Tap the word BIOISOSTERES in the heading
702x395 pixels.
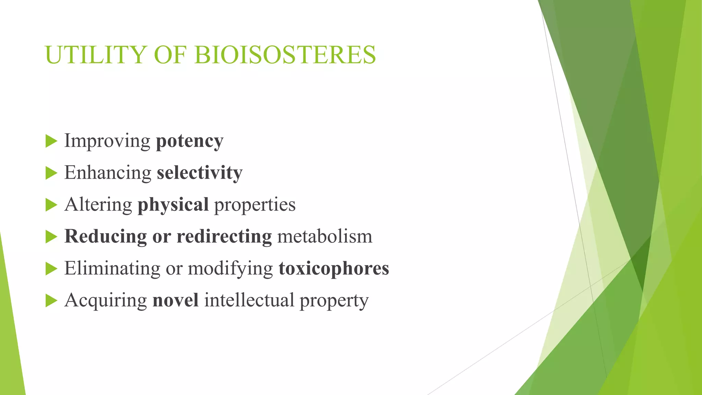pyautogui.click(x=285, y=55)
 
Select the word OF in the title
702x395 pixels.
pyautogui.click(x=170, y=55)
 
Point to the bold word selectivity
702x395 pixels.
pyautogui.click(x=199, y=172)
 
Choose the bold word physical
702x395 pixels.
pyautogui.click(x=173, y=205)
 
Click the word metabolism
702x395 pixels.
pyautogui.click(x=325, y=236)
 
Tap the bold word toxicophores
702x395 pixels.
pyautogui.click(x=334, y=268)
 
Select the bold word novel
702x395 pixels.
pyautogui.click(x=175, y=300)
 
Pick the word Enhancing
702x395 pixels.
pyautogui.click(x=108, y=173)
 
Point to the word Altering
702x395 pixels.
pyautogui.click(x=98, y=204)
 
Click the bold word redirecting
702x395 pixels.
pyautogui.click(x=224, y=237)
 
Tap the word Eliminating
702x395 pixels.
pyautogui.click(x=112, y=268)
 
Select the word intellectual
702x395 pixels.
pyautogui.click(x=249, y=300)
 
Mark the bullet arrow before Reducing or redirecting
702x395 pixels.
pyautogui.click(x=51, y=237)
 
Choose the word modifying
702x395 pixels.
pyautogui.click(x=230, y=269)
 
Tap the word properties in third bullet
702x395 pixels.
pyautogui.click(x=255, y=205)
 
